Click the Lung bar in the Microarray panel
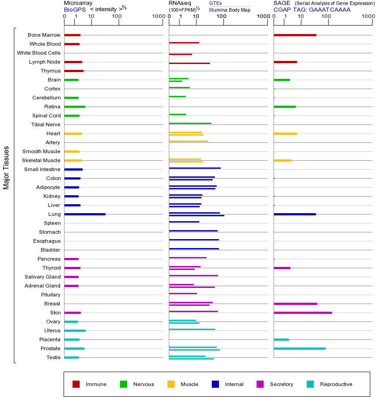point(85,214)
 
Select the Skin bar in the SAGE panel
point(303,313)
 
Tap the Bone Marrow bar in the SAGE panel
point(295,35)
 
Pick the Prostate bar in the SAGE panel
point(300,348)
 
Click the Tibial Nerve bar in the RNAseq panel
point(190,123)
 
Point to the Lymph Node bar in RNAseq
point(189,63)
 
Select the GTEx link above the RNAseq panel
point(215,3)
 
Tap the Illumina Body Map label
point(230,10)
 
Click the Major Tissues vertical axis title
point(6,167)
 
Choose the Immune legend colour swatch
point(76,384)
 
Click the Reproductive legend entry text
point(336,384)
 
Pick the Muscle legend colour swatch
point(171,384)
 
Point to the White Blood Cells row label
point(39,53)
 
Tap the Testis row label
point(53,357)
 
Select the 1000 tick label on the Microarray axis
point(158,17)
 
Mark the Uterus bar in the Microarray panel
point(75,330)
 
